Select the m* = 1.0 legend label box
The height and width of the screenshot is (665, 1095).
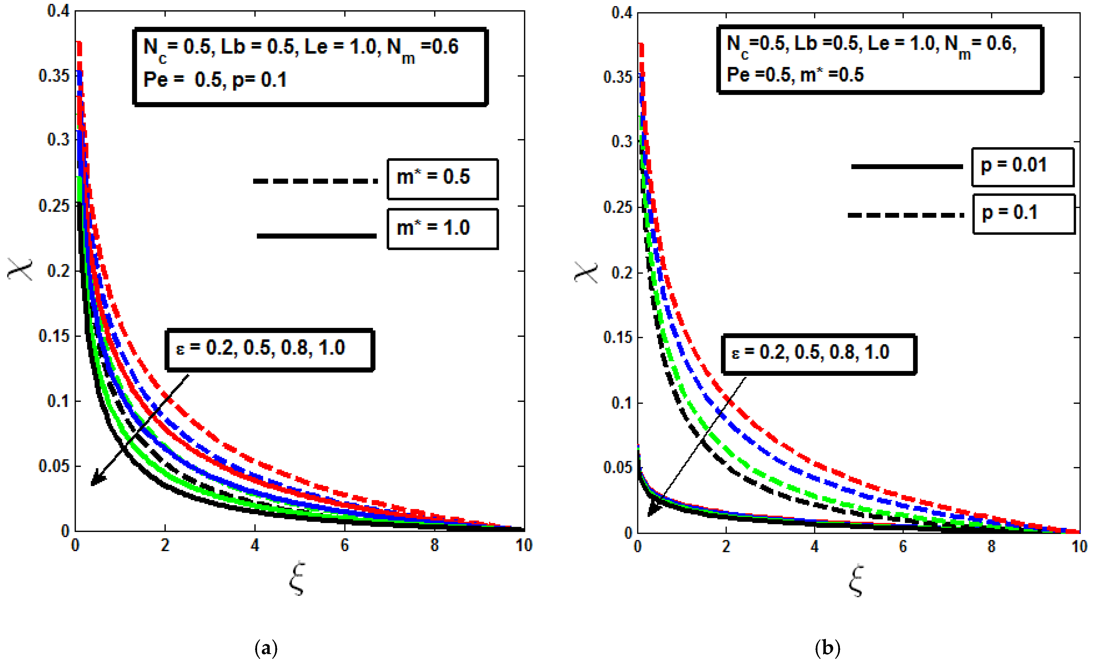442,229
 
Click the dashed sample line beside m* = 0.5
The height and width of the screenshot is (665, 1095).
315,181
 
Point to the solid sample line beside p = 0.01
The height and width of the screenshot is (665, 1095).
907,167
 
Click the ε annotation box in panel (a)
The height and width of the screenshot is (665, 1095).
269,349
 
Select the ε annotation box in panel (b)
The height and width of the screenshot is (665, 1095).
819,354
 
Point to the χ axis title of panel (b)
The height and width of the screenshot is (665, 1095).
586,271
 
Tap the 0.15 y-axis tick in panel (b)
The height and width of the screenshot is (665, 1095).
618,338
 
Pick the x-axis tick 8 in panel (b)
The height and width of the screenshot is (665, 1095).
991,546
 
